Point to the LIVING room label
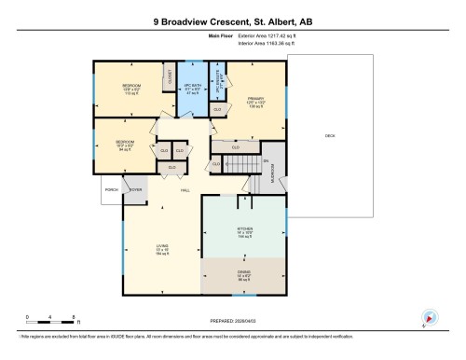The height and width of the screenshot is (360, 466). click(x=161, y=249)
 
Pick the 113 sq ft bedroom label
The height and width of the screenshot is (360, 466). click(x=130, y=91)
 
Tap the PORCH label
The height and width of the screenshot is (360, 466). click(x=113, y=189)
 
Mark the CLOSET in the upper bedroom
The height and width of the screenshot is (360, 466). click(x=170, y=78)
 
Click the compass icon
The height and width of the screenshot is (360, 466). click(x=429, y=317)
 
